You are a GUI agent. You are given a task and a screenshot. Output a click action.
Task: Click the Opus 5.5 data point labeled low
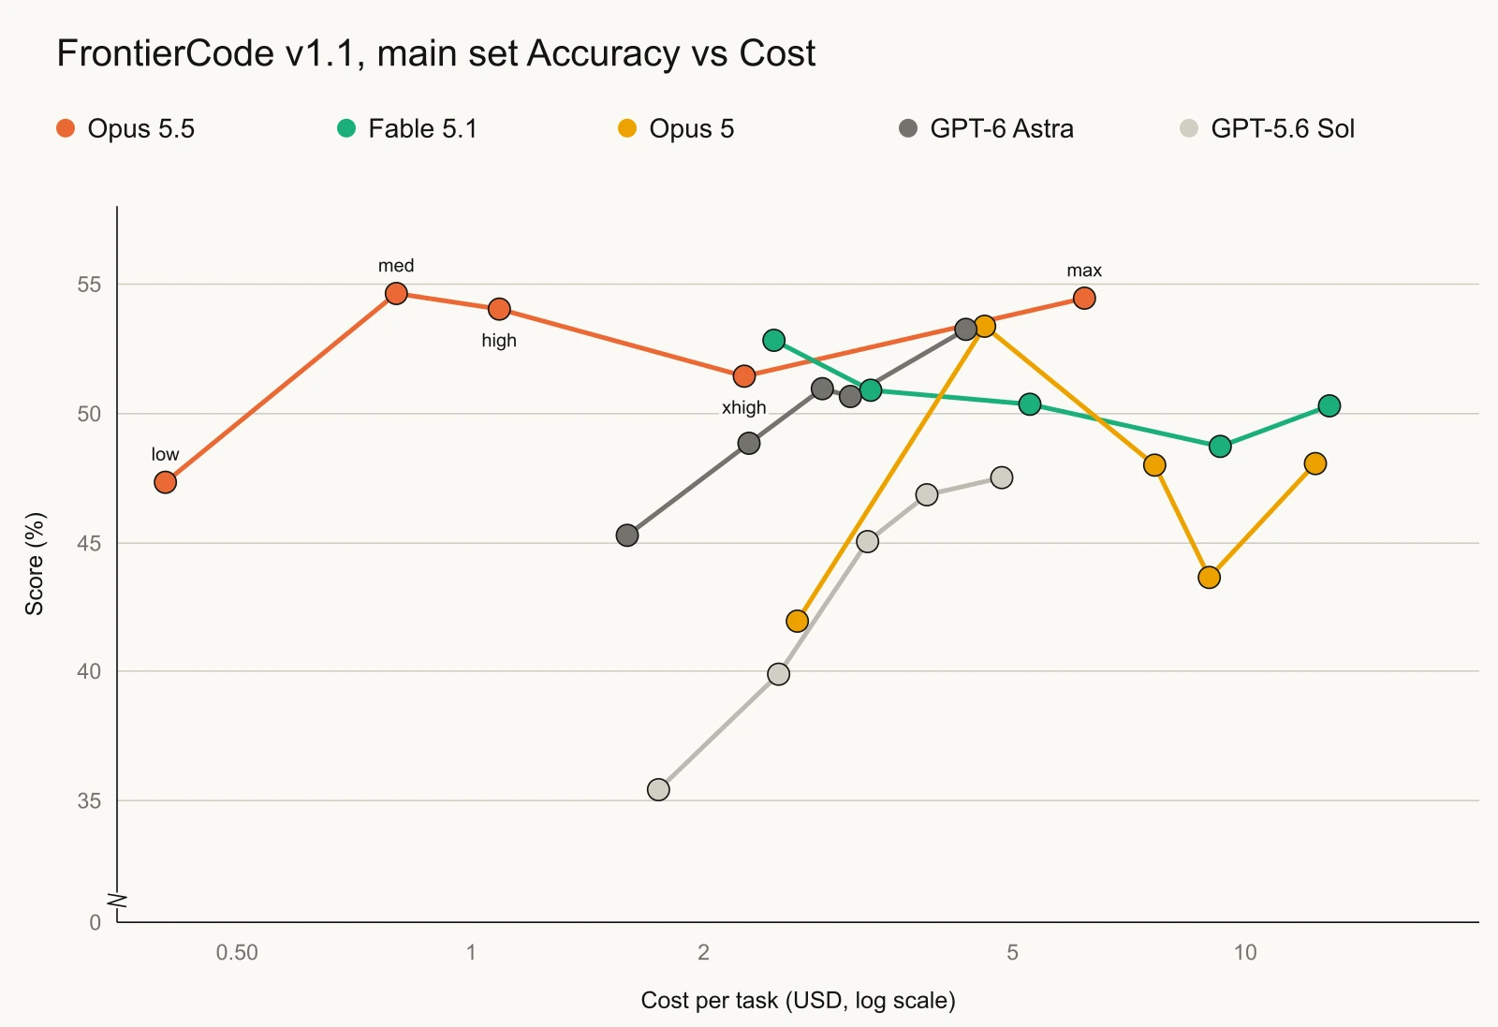[x=165, y=482]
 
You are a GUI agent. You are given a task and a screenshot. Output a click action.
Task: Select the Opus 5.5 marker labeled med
[x=397, y=293]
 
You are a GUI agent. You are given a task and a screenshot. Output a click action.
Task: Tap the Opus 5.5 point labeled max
[x=1084, y=299]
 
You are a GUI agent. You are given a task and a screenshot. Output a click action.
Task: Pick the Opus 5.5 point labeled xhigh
[x=744, y=375]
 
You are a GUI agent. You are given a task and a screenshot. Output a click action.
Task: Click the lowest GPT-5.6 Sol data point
[x=659, y=789]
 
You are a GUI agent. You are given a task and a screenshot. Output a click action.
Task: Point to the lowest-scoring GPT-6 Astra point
[x=627, y=535]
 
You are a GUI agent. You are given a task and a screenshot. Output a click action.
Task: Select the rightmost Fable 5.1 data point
[x=1329, y=406]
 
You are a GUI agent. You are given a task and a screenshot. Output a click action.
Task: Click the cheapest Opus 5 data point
[x=797, y=621]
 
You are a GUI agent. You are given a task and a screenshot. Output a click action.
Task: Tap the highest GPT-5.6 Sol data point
[x=1001, y=477]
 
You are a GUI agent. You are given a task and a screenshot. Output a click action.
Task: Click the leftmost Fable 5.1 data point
[x=773, y=341]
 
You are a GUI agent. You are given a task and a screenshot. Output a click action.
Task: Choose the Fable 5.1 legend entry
[x=407, y=128]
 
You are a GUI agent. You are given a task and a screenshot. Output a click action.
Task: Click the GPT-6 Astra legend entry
[x=987, y=128]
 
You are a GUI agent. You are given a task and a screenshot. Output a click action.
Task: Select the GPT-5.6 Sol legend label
[x=1283, y=128]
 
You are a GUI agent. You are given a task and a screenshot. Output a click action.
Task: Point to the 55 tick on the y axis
[x=89, y=285]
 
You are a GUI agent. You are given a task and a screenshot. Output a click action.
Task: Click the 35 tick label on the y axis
[x=89, y=801]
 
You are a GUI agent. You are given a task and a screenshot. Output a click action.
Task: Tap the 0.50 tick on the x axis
[x=237, y=952]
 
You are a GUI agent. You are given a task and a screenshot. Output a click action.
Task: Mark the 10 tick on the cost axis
[x=1245, y=952]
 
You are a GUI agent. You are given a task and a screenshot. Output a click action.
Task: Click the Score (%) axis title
[x=34, y=564]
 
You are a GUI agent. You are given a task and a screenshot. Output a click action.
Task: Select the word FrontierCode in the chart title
[x=165, y=52]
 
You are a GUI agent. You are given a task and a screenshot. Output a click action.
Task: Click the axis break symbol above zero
[x=118, y=901]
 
